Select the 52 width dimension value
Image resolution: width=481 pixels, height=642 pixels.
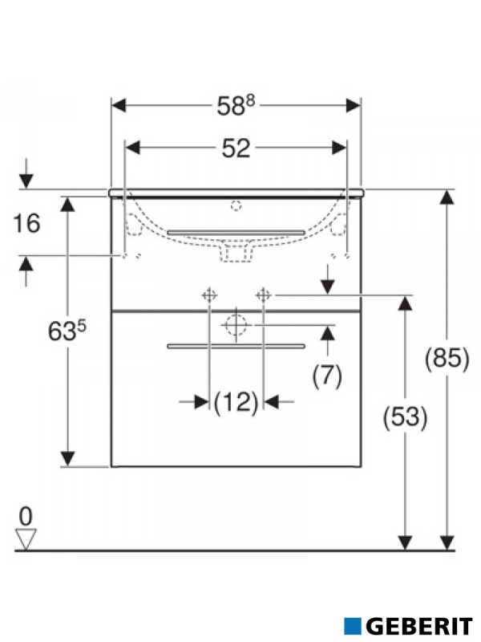click(236, 148)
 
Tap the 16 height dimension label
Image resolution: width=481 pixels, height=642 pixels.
click(27, 223)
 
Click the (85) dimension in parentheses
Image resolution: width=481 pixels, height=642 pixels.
click(447, 359)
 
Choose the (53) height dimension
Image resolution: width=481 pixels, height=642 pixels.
click(406, 416)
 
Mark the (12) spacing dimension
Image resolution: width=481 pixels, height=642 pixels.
click(236, 400)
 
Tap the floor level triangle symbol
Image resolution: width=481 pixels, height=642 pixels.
click(26, 539)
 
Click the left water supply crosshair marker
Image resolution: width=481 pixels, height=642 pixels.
click(208, 295)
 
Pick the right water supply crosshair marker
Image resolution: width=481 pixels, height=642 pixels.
click(262, 295)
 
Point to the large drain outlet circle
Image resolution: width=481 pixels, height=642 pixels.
click(236, 326)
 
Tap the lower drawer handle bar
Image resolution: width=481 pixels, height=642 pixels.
click(236, 346)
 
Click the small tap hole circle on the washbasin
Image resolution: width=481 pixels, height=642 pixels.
click(236, 205)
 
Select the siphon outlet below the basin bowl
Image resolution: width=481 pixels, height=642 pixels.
click(236, 254)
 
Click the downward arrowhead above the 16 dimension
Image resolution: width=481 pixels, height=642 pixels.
click(26, 181)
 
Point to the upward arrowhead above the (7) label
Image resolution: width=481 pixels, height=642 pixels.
click(327, 331)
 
